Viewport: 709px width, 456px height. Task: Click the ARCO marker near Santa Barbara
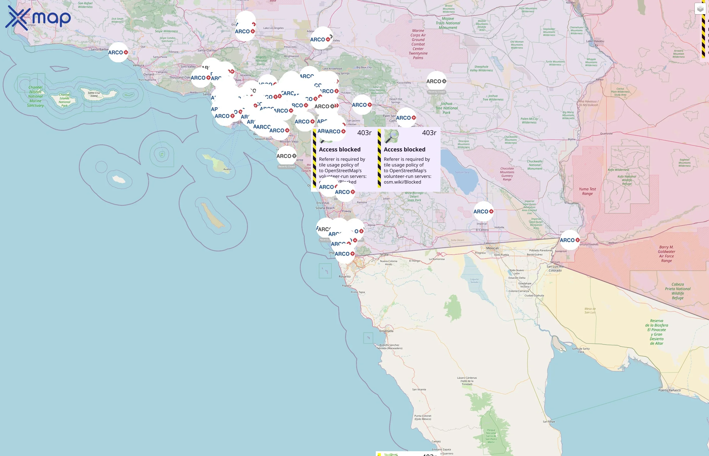118,52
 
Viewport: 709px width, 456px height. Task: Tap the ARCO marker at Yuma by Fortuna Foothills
570,240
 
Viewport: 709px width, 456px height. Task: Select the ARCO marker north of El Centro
483,212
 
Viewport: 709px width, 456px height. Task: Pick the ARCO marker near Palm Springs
406,118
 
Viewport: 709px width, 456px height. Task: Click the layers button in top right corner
700,9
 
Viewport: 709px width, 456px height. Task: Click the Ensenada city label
386,331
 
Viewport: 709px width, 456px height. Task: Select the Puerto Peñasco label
669,390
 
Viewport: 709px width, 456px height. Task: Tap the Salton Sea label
462,172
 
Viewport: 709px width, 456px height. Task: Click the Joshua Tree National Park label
446,108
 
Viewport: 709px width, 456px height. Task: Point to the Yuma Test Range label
587,191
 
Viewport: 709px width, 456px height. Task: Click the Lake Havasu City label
595,43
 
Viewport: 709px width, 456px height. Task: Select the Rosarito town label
344,277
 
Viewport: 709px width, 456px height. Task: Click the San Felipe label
549,422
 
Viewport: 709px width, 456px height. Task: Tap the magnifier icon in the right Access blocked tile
391,137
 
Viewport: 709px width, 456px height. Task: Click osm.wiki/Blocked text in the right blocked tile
402,182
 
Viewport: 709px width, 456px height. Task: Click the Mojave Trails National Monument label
448,23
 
